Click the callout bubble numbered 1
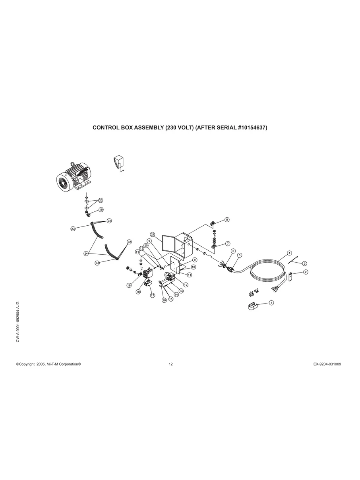(x=271, y=303)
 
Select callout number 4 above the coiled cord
(x=289, y=253)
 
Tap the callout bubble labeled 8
(x=227, y=220)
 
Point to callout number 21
(x=153, y=235)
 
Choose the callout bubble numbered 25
(x=101, y=200)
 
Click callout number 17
(x=153, y=296)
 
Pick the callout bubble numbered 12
(x=186, y=285)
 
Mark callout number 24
(x=86, y=254)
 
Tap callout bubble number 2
(x=306, y=272)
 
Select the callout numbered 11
(x=190, y=275)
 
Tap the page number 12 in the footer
(x=171, y=364)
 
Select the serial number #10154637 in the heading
(x=252, y=128)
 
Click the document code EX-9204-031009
(x=327, y=364)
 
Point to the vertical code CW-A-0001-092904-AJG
(x=18, y=322)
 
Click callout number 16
(x=164, y=300)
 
